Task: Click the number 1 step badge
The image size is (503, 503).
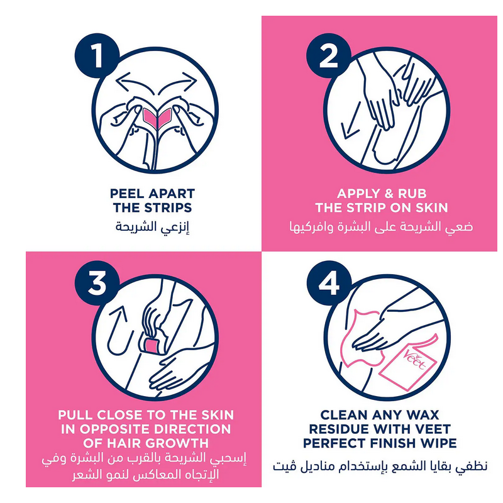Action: pos(97,55)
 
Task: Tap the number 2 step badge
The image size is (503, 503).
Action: pos(328,55)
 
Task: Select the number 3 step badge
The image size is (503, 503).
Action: pos(97,283)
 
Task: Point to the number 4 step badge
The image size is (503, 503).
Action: pos(328,283)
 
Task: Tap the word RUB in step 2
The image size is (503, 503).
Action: pos(412,194)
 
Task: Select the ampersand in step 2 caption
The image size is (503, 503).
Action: pos(389,194)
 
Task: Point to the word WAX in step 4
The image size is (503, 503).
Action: pos(423,415)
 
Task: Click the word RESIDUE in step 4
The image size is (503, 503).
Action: pos(339,429)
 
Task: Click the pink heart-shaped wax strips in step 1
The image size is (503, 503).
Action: pos(157,118)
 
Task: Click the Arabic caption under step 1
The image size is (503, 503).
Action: pos(152,227)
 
